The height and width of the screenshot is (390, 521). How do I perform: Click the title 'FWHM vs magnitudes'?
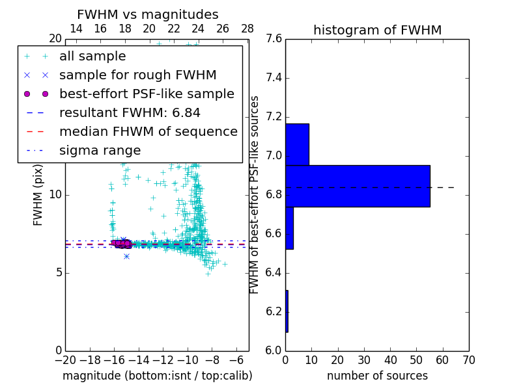(x=147, y=14)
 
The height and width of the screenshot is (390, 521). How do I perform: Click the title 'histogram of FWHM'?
(x=377, y=30)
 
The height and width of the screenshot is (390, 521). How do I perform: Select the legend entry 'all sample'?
(x=92, y=57)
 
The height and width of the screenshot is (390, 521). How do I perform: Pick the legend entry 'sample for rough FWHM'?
(x=137, y=75)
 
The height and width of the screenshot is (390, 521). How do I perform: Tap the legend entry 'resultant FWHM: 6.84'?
(x=130, y=112)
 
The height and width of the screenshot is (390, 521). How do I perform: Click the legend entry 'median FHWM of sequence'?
(x=148, y=131)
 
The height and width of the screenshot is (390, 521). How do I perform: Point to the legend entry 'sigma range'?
(x=100, y=150)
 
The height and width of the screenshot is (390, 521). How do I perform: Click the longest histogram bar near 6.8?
(x=358, y=186)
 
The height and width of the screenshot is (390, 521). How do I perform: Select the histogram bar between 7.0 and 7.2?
(x=297, y=144)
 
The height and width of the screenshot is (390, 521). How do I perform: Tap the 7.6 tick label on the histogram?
(x=274, y=39)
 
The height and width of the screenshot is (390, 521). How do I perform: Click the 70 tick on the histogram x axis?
(x=469, y=359)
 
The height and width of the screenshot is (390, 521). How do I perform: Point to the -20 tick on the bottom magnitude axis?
(x=65, y=359)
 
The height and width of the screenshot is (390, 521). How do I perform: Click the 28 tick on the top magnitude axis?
(x=247, y=29)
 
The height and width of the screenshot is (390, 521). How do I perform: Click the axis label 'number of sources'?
(x=377, y=376)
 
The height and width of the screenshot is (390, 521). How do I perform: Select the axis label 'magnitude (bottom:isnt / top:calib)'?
(x=157, y=376)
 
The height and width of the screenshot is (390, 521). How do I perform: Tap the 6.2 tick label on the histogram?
(x=274, y=311)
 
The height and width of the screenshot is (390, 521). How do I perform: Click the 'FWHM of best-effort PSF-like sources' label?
(x=255, y=194)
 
